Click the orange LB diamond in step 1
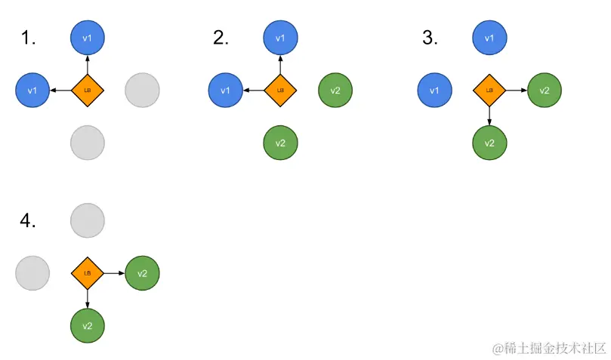click(87, 90)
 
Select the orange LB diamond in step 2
click(280, 90)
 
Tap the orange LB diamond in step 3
click(489, 90)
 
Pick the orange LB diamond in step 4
click(87, 272)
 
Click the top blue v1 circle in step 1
click(87, 37)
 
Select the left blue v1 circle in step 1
click(32, 90)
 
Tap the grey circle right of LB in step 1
click(141, 90)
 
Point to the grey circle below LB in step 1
click(87, 143)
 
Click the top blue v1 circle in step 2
click(280, 37)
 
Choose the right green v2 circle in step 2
click(335, 90)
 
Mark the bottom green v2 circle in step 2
click(280, 143)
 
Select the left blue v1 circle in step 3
click(434, 90)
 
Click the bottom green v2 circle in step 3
click(489, 143)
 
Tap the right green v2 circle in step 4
click(142, 272)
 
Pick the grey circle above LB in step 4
click(87, 220)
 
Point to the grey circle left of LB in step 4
click(32, 272)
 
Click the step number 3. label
click(430, 37)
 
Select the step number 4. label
click(28, 220)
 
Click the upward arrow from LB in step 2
click(280, 64)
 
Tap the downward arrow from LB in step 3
click(489, 115)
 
